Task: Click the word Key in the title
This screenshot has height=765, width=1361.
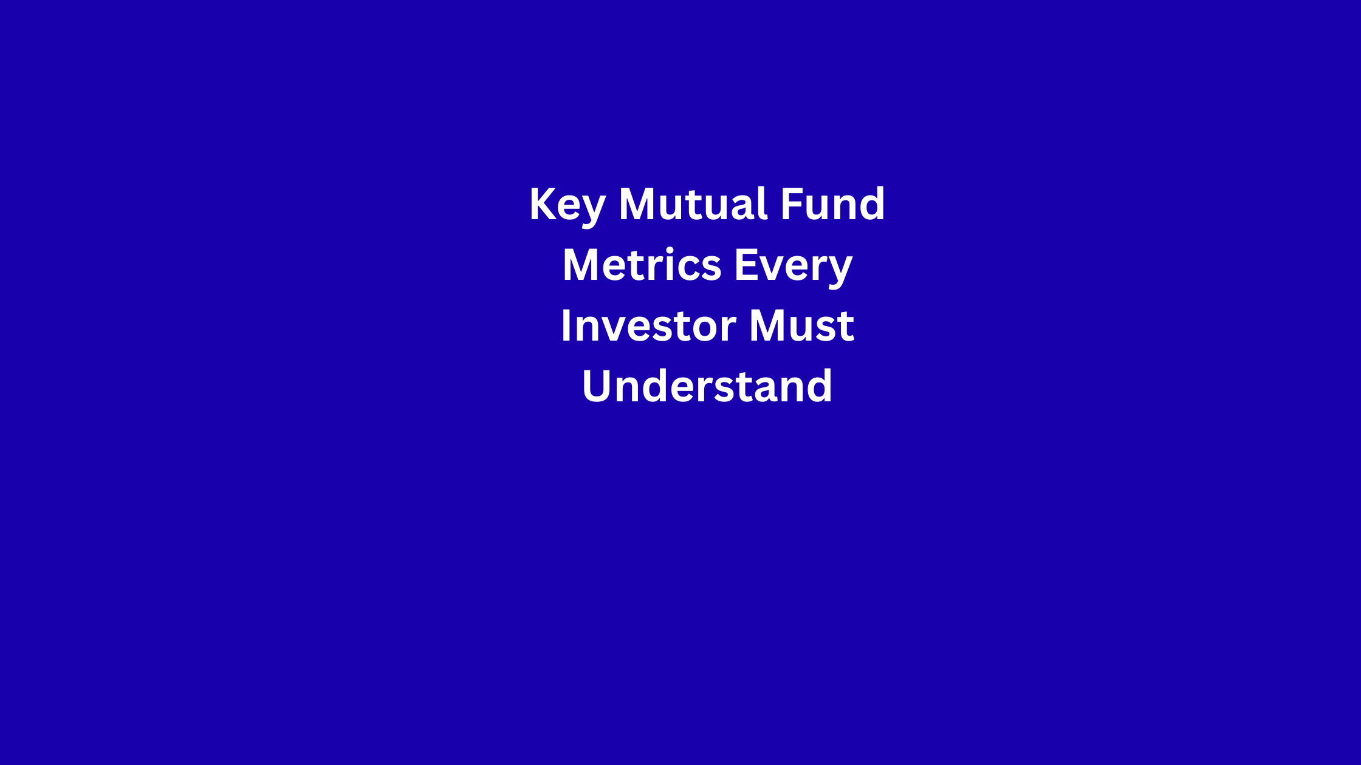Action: (567, 207)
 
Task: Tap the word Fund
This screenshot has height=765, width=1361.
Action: (832, 203)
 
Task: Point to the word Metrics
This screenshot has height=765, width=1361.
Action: (642, 265)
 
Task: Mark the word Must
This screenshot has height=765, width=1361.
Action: (801, 326)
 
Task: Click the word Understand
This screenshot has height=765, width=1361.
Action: (707, 386)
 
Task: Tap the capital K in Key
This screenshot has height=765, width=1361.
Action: (543, 204)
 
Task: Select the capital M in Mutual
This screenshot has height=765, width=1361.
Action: (638, 204)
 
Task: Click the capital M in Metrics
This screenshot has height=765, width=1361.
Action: (582, 265)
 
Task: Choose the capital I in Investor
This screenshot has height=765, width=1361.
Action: (566, 326)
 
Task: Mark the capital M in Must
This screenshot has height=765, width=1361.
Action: (768, 326)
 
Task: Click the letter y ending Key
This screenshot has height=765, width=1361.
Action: (593, 212)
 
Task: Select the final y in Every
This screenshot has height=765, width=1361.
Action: (840, 274)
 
